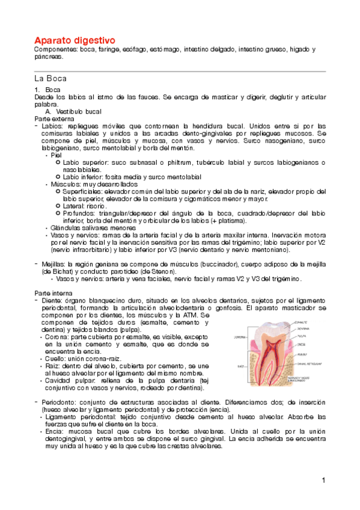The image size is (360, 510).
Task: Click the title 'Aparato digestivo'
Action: click(75, 39)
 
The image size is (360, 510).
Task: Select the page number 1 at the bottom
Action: click(323, 480)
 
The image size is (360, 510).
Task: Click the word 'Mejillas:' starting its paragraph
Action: click(54, 263)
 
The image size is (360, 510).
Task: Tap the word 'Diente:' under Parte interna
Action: click(52, 300)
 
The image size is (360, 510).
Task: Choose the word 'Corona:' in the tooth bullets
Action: click(56, 337)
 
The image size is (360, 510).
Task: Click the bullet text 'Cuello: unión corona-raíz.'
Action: click(81, 358)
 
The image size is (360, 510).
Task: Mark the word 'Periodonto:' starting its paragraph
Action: click(59, 401)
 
